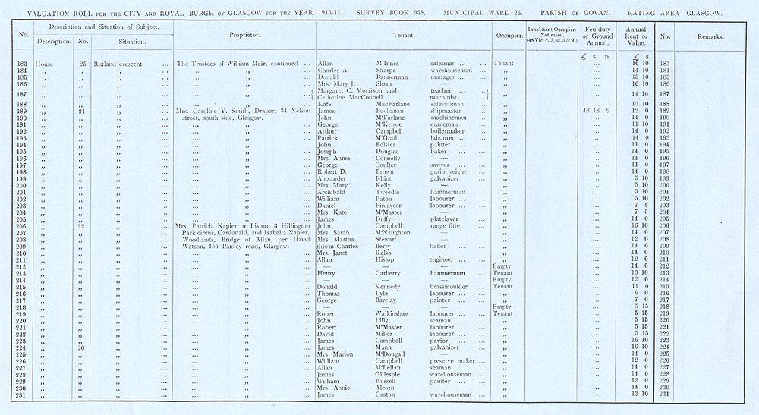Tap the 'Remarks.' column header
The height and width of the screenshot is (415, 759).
click(709, 36)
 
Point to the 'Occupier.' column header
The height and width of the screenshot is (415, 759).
click(505, 36)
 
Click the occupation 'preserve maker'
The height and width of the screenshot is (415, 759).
click(447, 360)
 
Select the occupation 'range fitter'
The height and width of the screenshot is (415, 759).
click(445, 226)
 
